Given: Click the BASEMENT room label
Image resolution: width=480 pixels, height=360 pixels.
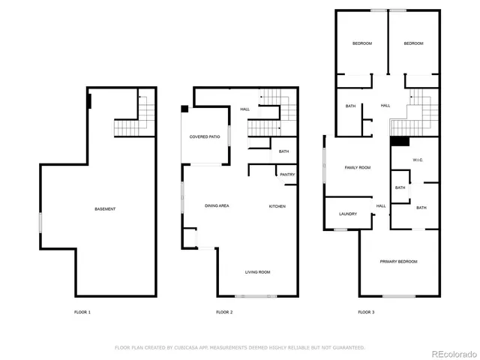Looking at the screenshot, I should pos(105,208).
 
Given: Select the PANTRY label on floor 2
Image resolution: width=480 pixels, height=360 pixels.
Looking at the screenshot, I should pos(287,175).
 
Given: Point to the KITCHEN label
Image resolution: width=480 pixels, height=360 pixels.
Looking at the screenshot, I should pos(277,206).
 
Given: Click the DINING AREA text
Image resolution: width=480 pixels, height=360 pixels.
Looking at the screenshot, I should pos(217,206).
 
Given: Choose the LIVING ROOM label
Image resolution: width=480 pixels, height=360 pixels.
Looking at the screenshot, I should pos(257,272).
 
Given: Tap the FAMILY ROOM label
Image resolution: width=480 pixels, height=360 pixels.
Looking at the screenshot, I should pos(358,167).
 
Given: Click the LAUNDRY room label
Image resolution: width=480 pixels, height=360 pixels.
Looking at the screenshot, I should pos(347,214).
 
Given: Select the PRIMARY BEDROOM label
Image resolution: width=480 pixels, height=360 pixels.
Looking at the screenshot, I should pos(398,261).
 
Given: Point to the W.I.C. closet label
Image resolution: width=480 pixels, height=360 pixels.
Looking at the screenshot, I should pos(418,160).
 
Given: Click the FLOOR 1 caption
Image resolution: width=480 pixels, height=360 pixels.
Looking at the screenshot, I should pos(82,312).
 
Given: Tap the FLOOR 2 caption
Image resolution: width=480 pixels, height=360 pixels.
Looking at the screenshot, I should pos(224,312).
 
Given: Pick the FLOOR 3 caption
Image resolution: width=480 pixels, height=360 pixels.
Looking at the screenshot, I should pos(366,312).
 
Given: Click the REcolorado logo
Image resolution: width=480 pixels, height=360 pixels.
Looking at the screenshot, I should pos(452,352).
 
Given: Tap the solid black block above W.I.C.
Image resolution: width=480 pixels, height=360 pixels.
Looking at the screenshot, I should pos(400,141).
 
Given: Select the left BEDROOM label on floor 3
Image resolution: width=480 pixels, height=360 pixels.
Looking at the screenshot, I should pos(362,43).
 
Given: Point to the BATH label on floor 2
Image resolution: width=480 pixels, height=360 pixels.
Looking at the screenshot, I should pos(283,151).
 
